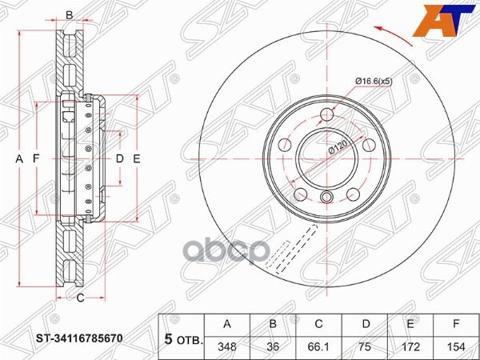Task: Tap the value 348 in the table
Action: [x=228, y=348]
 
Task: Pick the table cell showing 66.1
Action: [x=318, y=348]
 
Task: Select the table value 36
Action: [x=273, y=348]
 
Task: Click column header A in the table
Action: [x=228, y=325]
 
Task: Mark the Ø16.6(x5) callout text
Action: [x=374, y=80]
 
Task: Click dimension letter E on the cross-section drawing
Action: [x=137, y=159]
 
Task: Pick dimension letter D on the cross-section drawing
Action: [x=119, y=159]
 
